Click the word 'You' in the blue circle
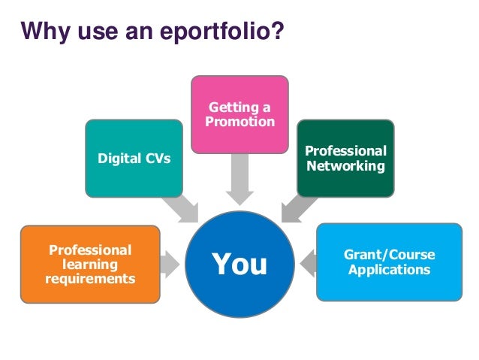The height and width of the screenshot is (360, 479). (239, 264)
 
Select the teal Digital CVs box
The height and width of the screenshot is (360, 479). (134, 159)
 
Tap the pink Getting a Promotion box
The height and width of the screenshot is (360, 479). (239, 113)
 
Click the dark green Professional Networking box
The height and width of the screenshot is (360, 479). (345, 159)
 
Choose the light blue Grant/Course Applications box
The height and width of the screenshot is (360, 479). (389, 262)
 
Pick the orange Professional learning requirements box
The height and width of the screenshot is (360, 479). (90, 264)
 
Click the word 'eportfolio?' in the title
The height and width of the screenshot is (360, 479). (230, 32)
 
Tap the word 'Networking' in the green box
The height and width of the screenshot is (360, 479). (345, 166)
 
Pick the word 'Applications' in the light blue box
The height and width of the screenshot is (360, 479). (389, 269)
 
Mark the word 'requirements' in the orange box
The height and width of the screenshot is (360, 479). (90, 279)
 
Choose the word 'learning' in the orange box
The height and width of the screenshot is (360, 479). (90, 265)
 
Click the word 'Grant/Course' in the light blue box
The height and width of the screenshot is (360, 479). (389, 255)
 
